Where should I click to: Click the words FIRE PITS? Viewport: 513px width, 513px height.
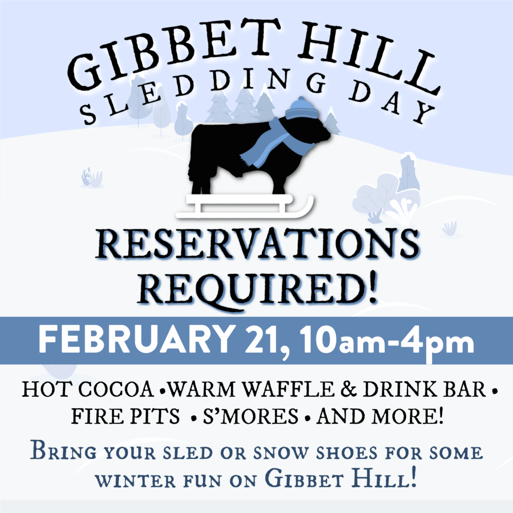click(x=125, y=416)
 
